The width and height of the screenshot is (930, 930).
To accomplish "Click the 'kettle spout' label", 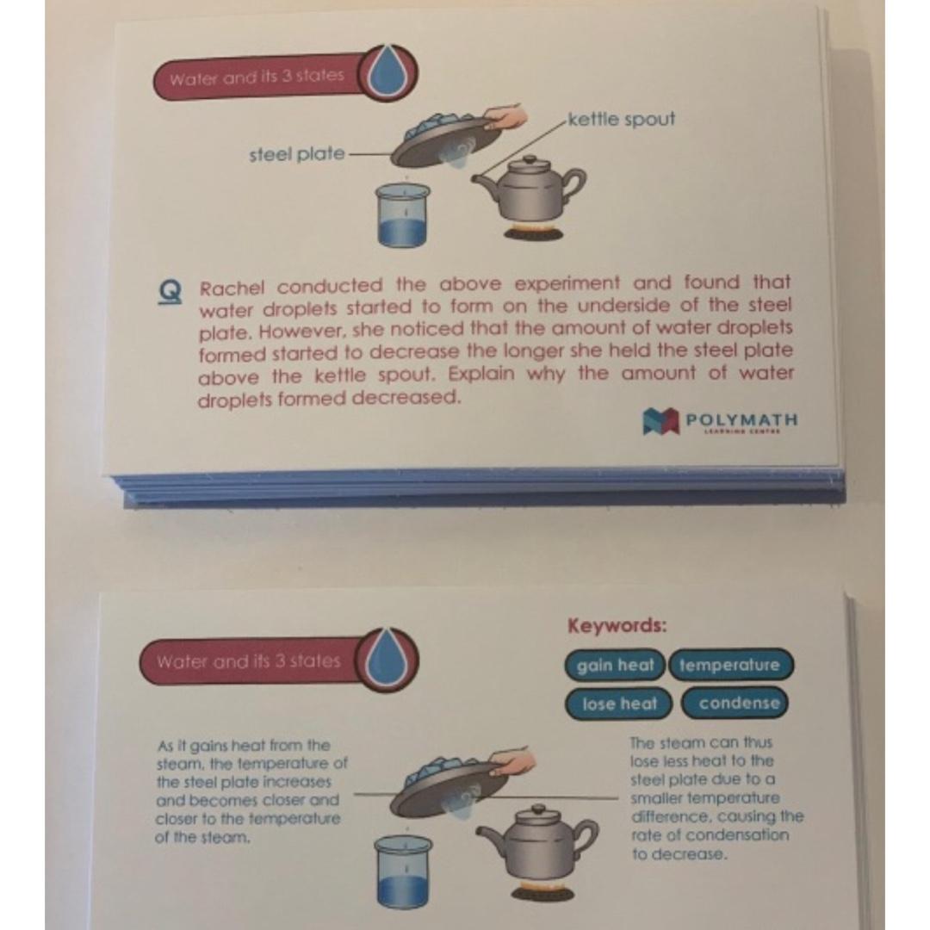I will click(x=622, y=119).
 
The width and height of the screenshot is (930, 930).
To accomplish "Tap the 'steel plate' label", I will click(x=296, y=155).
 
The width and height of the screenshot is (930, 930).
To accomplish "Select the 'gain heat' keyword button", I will click(x=615, y=666).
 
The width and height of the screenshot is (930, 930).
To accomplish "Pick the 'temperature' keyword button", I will click(x=729, y=666).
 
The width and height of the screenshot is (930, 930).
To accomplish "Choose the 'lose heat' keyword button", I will click(x=619, y=704).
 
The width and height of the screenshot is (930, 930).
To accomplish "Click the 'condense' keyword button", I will click(x=738, y=704).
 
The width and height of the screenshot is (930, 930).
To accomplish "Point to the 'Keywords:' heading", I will click(x=617, y=626).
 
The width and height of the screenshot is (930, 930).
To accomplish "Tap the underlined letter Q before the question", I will click(x=171, y=291).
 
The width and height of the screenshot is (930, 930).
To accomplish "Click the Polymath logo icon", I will click(x=661, y=421).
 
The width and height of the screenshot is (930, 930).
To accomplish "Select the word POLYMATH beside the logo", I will click(x=741, y=419).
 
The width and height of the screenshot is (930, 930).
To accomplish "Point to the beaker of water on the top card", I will click(x=403, y=215).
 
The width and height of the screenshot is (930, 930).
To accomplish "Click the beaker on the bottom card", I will click(x=402, y=870).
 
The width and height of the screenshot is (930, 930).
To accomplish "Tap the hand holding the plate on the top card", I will click(x=508, y=115).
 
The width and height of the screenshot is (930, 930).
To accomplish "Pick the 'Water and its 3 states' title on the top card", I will click(x=257, y=77).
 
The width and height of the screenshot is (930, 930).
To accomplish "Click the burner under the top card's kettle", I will click(x=533, y=232).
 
